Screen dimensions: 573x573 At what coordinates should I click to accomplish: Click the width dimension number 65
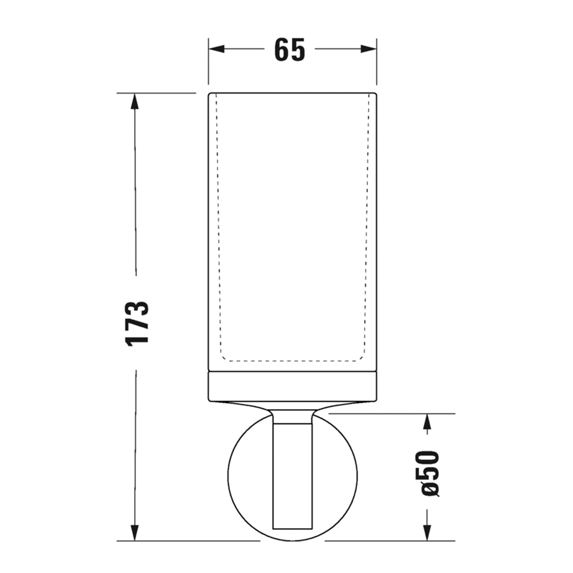[x=289, y=50]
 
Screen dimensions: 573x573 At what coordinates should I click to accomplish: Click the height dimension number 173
[x=137, y=324]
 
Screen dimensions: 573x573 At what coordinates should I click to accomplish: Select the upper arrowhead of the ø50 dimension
[x=427, y=422]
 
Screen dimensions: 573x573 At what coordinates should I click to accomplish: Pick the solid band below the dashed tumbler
[x=293, y=386]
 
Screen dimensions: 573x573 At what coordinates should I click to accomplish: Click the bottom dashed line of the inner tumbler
[x=293, y=361]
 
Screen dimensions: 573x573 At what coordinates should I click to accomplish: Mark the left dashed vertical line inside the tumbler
[x=219, y=225]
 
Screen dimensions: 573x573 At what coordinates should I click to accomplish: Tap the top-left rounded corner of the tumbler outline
[x=210, y=95]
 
